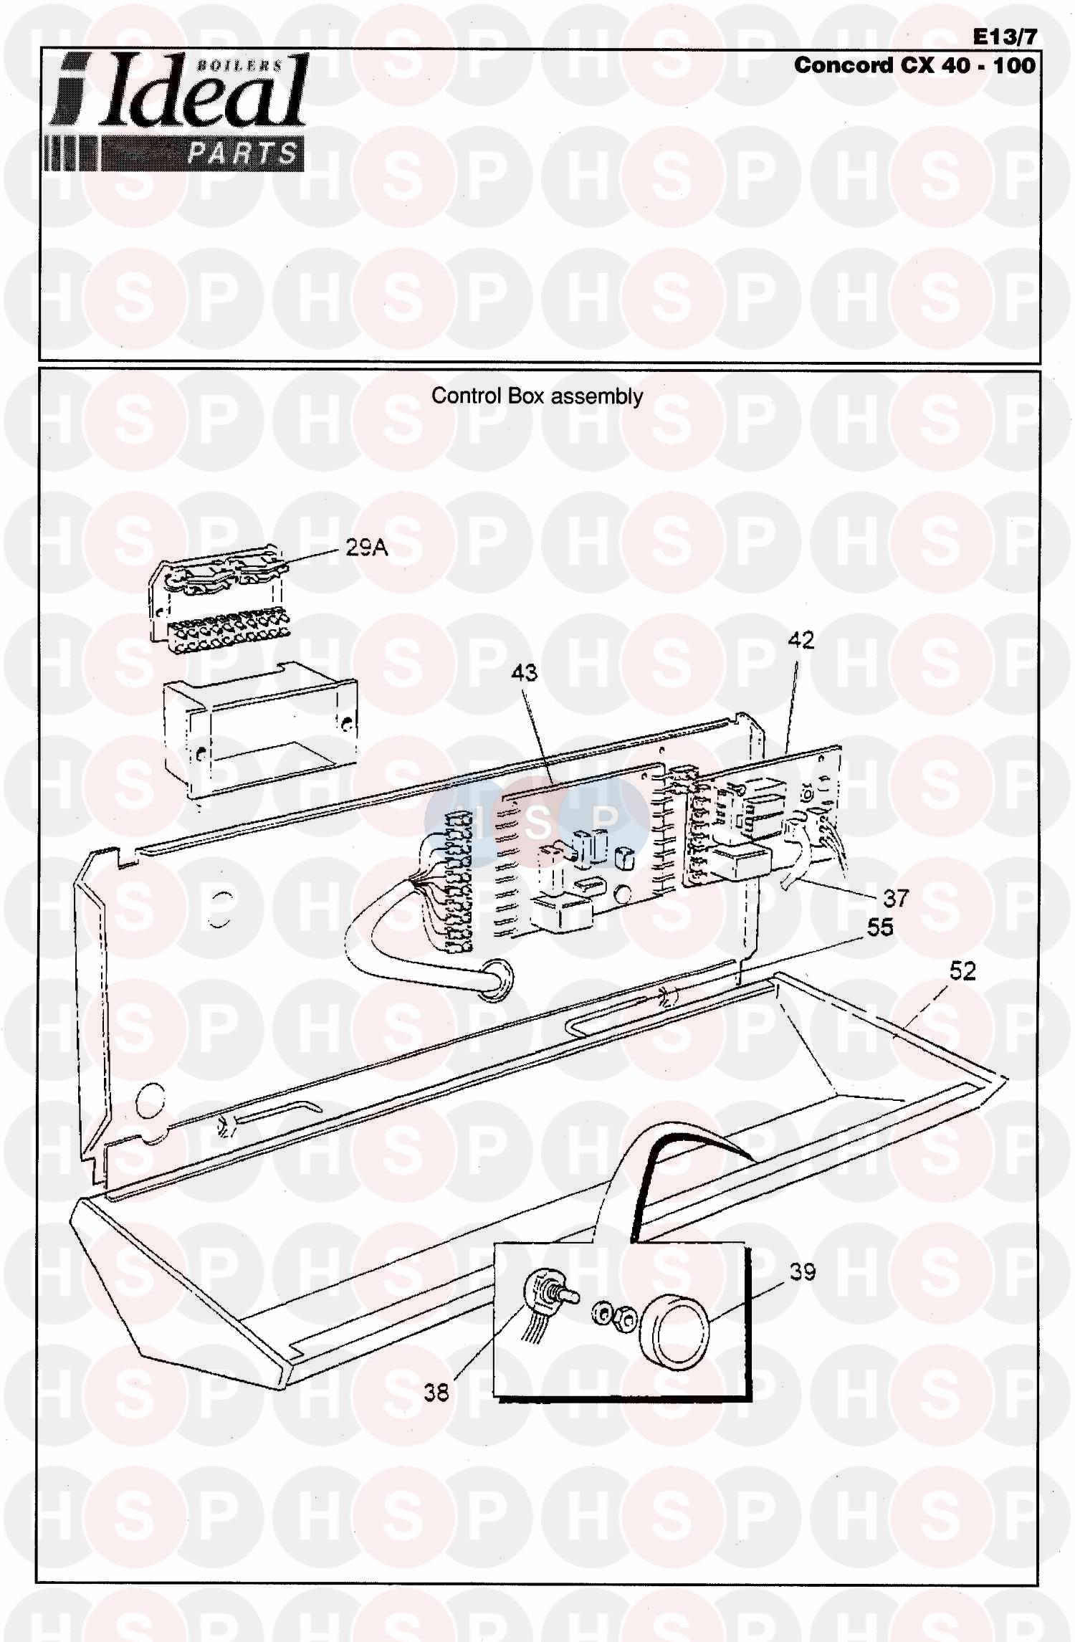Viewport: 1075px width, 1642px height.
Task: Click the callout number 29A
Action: pos(366,548)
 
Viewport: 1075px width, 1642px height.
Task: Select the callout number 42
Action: pos(801,639)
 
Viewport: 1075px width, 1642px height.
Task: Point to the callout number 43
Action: pos(524,672)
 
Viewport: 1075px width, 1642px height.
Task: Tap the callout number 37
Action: pos(895,897)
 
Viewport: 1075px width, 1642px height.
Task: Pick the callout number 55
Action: pos(881,927)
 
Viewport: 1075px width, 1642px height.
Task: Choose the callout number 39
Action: pos(802,1271)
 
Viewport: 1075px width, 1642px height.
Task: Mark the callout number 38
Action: pos(436,1392)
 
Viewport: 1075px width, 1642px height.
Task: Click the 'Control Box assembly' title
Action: pos(537,396)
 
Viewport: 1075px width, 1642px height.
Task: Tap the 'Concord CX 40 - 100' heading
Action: pos(914,65)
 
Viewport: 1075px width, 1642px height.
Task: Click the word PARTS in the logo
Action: pos(242,153)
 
